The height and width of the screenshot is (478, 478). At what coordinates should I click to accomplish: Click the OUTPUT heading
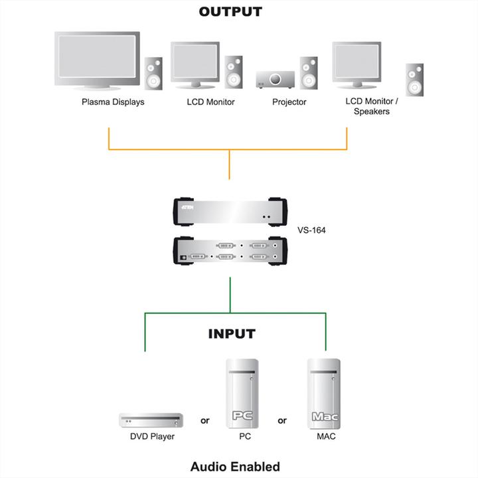pyautogui.click(x=230, y=12)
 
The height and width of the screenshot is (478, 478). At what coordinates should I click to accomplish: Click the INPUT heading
pyautogui.click(x=231, y=334)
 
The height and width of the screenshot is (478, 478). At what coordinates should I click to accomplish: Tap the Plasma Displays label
pyautogui.click(x=113, y=102)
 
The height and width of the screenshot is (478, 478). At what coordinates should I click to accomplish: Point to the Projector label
pyautogui.click(x=289, y=102)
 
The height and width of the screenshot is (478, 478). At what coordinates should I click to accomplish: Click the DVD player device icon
pyautogui.click(x=151, y=420)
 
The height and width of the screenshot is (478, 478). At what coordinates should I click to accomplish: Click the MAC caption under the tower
pyautogui.click(x=325, y=437)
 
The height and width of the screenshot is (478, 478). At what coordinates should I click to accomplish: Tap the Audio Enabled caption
pyautogui.click(x=235, y=466)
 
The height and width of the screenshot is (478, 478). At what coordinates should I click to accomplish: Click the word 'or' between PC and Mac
pyautogui.click(x=282, y=420)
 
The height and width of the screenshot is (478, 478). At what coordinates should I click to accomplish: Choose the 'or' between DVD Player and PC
pyautogui.click(x=205, y=420)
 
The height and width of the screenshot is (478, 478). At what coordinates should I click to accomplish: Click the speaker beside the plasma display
pyautogui.click(x=154, y=73)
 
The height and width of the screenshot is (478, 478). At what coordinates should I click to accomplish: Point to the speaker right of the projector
pyautogui.click(x=308, y=73)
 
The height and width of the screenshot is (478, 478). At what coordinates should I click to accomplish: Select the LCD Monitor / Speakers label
pyautogui.click(x=372, y=106)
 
